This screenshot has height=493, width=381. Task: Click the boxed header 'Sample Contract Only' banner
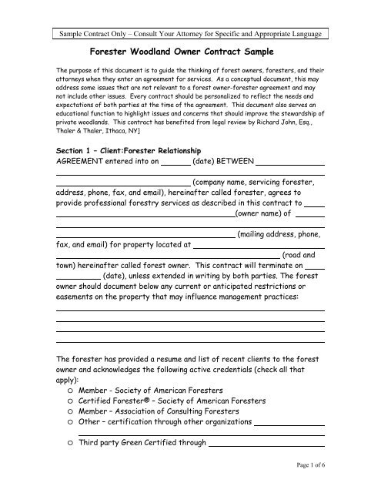click(190, 35)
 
